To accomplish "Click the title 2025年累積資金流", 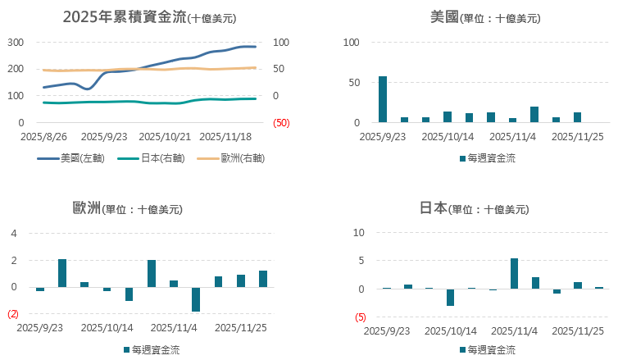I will tap(125, 17).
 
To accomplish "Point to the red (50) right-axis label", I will tap(281, 123).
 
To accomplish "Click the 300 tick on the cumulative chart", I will tap(16, 42).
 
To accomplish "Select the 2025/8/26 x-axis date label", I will tap(44, 137).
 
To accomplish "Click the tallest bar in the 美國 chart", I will tap(383, 99).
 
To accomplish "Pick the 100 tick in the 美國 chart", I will tap(351, 42).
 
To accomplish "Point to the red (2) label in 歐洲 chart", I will tap(12, 314).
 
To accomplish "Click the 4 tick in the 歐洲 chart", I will tap(14, 234).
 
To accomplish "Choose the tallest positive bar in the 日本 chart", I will tap(514, 274).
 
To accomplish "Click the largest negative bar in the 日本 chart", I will tap(450, 297).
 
